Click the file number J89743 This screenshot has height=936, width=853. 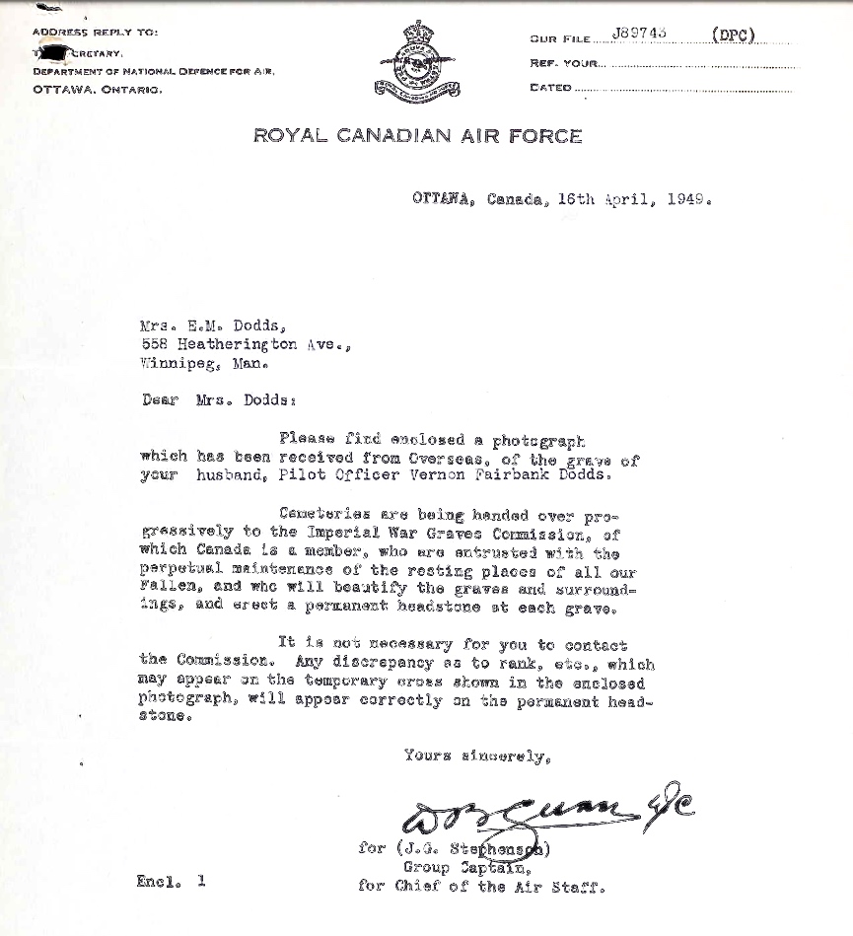point(639,33)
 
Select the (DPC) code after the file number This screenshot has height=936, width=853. point(733,35)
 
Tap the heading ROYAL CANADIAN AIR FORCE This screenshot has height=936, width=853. point(418,136)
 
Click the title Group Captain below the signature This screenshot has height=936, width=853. point(467,868)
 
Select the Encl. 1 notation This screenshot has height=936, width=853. point(171,883)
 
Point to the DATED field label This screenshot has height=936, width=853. point(550,88)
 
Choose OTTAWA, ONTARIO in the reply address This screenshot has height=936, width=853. point(97,90)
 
